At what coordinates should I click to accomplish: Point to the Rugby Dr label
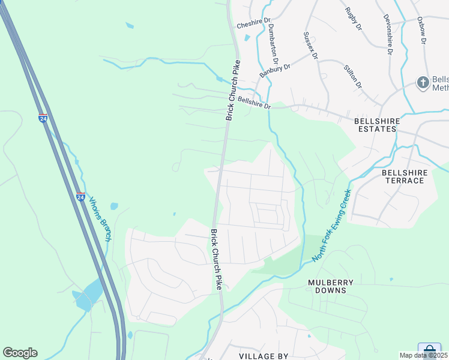354,19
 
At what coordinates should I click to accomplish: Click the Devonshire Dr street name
387,33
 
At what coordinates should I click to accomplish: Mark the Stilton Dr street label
353,77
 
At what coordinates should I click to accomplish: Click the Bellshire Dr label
255,103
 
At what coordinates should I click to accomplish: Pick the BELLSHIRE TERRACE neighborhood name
405,176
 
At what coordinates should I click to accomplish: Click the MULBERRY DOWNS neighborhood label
331,286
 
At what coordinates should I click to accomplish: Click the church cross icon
423,82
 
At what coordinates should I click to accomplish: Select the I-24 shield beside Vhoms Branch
80,196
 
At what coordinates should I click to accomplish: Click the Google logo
20,353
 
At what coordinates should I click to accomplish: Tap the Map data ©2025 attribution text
424,356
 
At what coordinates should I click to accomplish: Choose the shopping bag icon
430,350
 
